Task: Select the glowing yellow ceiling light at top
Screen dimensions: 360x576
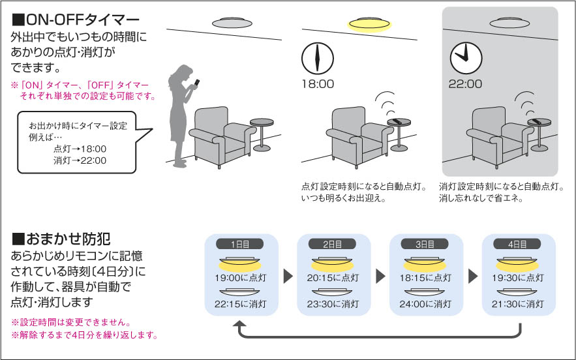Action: pyautogui.click(x=369, y=25)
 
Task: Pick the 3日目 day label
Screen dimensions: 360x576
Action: pyautogui.click(x=426, y=245)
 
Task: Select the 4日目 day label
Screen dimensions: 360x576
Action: pyautogui.click(x=519, y=245)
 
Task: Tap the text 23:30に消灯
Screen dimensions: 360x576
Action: pyautogui.click(x=333, y=304)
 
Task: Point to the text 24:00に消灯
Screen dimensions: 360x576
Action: pyautogui.click(x=426, y=304)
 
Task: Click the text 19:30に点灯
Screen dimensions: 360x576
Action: pyautogui.click(x=519, y=277)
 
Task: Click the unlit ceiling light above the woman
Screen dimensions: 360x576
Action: pyautogui.click(x=230, y=22)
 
